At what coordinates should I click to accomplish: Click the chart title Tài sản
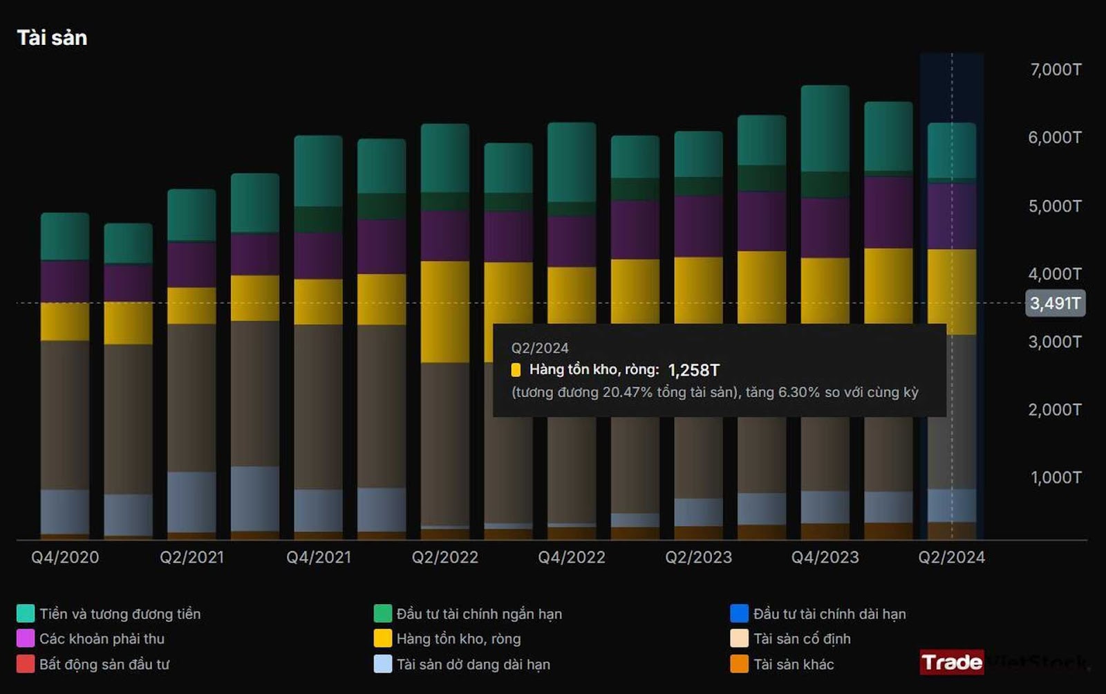tap(52, 38)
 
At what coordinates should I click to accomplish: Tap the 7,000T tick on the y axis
tap(1056, 70)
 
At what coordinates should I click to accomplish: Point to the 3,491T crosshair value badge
tap(1055, 303)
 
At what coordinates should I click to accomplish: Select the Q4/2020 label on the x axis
tap(65, 558)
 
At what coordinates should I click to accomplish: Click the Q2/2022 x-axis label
tap(445, 558)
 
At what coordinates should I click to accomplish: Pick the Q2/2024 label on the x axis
tap(951, 558)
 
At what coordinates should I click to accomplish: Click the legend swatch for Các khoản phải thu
tap(26, 639)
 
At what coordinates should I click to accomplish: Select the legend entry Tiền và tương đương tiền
tap(120, 614)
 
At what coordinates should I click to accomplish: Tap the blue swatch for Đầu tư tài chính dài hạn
tap(739, 614)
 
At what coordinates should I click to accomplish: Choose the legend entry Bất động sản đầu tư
tap(104, 664)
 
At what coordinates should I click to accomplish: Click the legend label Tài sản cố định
tap(802, 639)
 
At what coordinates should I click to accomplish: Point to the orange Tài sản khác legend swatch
tap(739, 664)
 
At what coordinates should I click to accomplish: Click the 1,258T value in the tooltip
tap(693, 370)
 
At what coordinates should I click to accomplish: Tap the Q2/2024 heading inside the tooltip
tap(540, 348)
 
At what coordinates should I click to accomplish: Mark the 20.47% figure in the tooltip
tap(627, 392)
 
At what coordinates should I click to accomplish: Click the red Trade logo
tap(951, 662)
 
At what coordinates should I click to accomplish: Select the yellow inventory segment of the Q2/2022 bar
tap(445, 311)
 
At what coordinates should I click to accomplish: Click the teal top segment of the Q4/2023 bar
tap(825, 128)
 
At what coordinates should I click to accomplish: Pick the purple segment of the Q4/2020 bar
tap(65, 282)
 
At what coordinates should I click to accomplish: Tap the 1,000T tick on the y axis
tap(1056, 477)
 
